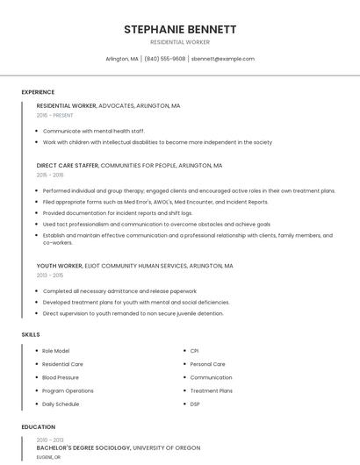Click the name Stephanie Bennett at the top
point(180,29)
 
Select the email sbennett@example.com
point(223,59)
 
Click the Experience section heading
point(38,92)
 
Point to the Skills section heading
point(31,334)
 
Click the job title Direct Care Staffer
point(67,165)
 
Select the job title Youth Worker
point(59,265)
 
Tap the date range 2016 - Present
point(54,115)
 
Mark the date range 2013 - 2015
point(49,275)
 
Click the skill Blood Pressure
point(61,377)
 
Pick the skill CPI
point(194,351)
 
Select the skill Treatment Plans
point(211,390)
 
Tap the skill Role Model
point(55,351)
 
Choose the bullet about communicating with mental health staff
point(93,131)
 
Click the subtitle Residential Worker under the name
point(180,42)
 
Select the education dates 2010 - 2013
point(49,440)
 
